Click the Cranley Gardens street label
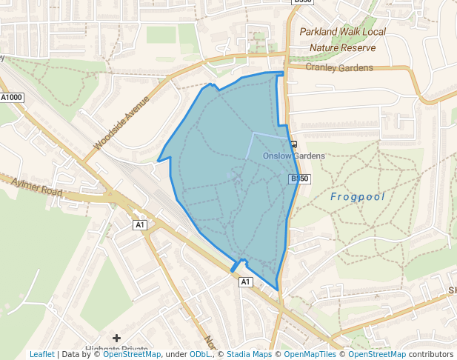click(338, 67)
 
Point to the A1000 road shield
click(12, 97)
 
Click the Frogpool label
click(358, 196)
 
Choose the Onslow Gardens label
click(294, 156)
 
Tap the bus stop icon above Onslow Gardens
click(294, 144)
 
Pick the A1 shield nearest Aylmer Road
click(140, 224)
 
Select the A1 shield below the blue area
click(246, 281)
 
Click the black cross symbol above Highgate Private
click(116, 339)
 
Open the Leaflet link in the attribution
click(41, 355)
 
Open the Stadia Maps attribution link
click(249, 355)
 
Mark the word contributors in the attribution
click(430, 355)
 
